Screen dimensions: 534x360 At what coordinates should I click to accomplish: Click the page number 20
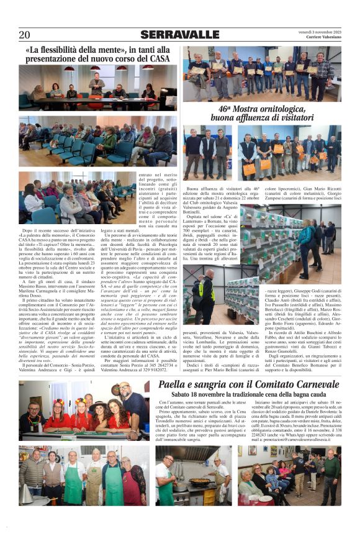(24, 35)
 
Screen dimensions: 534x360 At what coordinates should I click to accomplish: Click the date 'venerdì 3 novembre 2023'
(320, 31)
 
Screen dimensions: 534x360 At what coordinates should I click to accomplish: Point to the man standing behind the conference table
(96, 83)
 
